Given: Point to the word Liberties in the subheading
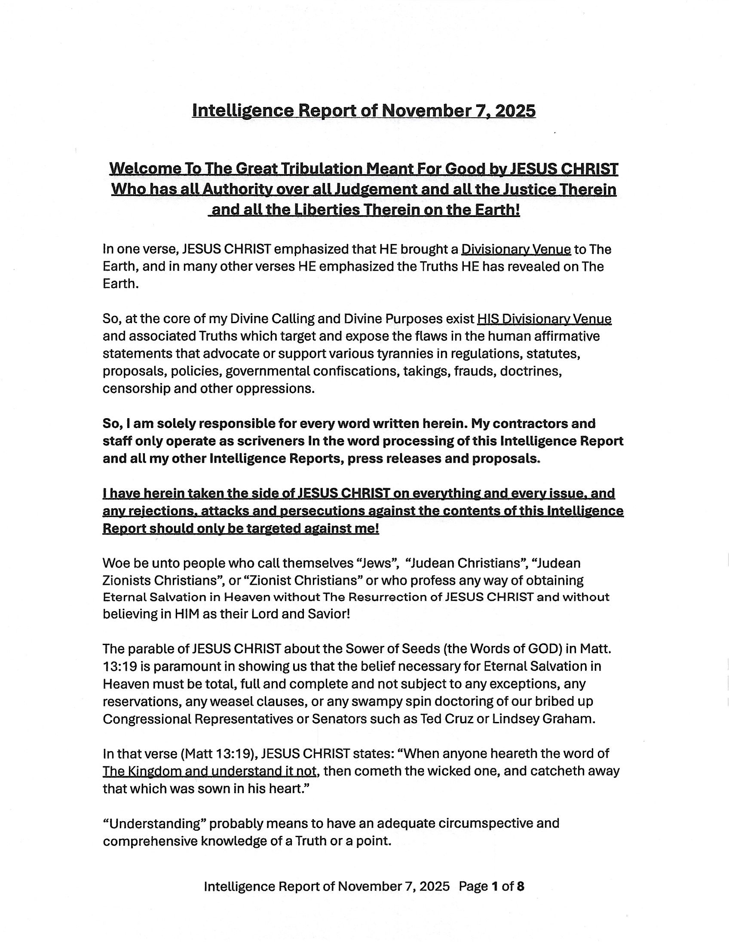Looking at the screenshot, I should click(x=322, y=210).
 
